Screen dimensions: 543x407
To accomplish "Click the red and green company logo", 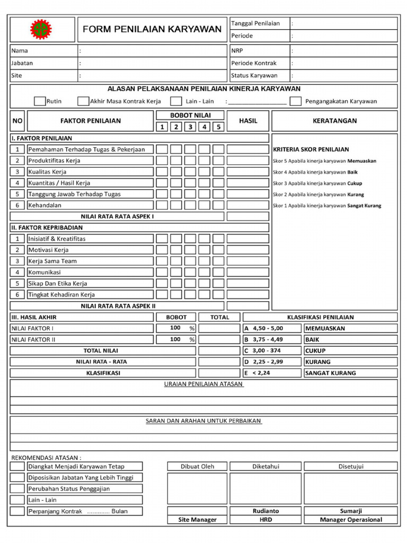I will (41, 29).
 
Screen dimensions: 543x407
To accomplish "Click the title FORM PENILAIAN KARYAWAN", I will (152, 29).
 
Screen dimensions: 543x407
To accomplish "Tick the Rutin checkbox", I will (40, 101).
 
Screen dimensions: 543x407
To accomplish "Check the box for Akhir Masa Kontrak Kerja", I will (83, 101).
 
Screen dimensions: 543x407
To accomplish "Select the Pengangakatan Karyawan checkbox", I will (296, 101).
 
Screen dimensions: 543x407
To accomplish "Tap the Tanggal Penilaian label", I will (255, 23).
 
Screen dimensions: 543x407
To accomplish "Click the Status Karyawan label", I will (254, 75).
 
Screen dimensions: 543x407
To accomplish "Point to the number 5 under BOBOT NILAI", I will (218, 127).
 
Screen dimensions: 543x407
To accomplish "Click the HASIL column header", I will (248, 121).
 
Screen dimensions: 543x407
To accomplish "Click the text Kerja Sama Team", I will (52, 261).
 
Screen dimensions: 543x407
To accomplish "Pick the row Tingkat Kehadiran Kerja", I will (61, 294).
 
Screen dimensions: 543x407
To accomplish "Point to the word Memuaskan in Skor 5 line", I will (362, 161).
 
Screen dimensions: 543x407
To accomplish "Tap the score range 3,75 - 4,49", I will (268, 339).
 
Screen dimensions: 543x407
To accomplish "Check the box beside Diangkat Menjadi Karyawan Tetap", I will (17, 467).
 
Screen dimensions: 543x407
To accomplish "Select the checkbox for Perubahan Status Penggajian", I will (17, 489).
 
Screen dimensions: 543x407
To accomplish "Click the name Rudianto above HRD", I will (266, 511).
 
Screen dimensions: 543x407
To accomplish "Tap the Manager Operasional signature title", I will (351, 520).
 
